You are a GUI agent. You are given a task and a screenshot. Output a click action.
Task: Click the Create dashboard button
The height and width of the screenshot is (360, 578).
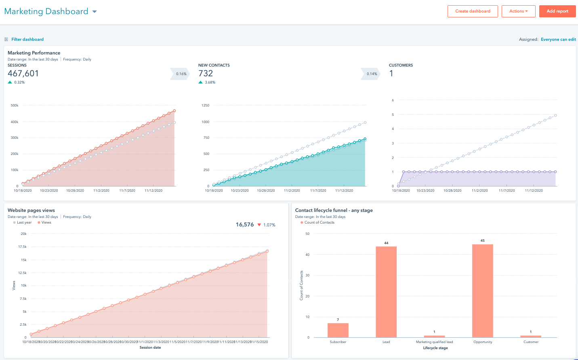pos(473,11)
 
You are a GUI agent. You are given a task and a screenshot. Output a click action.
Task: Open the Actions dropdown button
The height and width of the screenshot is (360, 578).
pos(518,11)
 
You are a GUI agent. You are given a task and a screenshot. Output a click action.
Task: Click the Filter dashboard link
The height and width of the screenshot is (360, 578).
pos(27,40)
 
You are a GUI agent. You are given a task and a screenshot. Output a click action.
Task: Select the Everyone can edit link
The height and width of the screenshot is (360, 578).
pos(558,40)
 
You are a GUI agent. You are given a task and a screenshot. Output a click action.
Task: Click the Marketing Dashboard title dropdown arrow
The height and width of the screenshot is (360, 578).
pos(95,12)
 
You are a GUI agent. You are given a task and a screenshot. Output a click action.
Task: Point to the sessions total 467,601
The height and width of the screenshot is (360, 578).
pos(23,73)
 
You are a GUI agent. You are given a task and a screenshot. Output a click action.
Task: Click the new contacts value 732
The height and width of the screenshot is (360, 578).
pos(206,73)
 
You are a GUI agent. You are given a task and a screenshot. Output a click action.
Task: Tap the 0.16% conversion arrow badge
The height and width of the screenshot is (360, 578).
pos(181,74)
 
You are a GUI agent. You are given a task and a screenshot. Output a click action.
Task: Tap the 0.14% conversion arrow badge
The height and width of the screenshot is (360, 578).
pos(371,74)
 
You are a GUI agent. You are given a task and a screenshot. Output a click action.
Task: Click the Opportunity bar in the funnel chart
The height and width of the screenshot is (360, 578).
pos(482,291)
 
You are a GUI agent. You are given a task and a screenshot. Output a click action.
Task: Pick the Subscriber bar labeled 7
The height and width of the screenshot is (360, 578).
pos(338,330)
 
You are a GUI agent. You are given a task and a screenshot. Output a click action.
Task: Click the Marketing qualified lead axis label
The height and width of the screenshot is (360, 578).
pos(434,342)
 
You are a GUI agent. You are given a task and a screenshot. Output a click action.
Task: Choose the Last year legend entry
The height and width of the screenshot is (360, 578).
pos(24,222)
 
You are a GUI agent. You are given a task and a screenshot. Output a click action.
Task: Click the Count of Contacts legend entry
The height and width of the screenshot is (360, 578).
pos(319,222)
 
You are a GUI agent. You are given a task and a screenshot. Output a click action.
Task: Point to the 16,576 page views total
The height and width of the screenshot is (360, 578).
pos(245,225)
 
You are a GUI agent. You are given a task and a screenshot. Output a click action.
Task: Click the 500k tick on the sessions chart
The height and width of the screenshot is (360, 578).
pos(15,105)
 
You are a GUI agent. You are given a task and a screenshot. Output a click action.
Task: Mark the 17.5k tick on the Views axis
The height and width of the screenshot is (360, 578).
pos(22,247)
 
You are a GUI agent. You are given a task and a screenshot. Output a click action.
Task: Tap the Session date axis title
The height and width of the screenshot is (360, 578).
pos(150,347)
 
